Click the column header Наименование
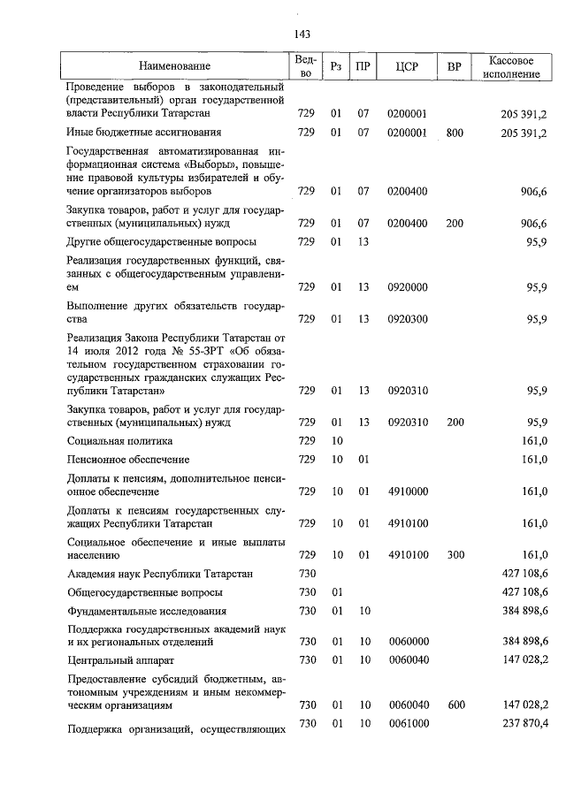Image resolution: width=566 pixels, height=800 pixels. pos(174,67)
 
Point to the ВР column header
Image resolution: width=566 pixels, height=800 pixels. pos(455,67)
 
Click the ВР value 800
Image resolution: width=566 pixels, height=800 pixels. pos(455,133)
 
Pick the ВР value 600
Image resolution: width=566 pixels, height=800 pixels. pos(455,705)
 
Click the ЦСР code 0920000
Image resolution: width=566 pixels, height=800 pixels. pos(408,286)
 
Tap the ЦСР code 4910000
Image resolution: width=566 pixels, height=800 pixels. pos(408,491)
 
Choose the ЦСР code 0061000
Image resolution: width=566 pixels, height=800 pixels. pos(408,724)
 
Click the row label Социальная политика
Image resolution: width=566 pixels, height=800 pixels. pos(120,440)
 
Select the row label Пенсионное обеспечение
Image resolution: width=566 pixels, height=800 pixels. pos(129,460)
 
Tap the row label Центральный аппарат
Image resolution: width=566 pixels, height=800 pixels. pos(122,659)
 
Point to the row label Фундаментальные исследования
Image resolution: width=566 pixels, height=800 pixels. pos(147,611)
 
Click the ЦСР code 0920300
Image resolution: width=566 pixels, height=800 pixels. pos(408,318)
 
